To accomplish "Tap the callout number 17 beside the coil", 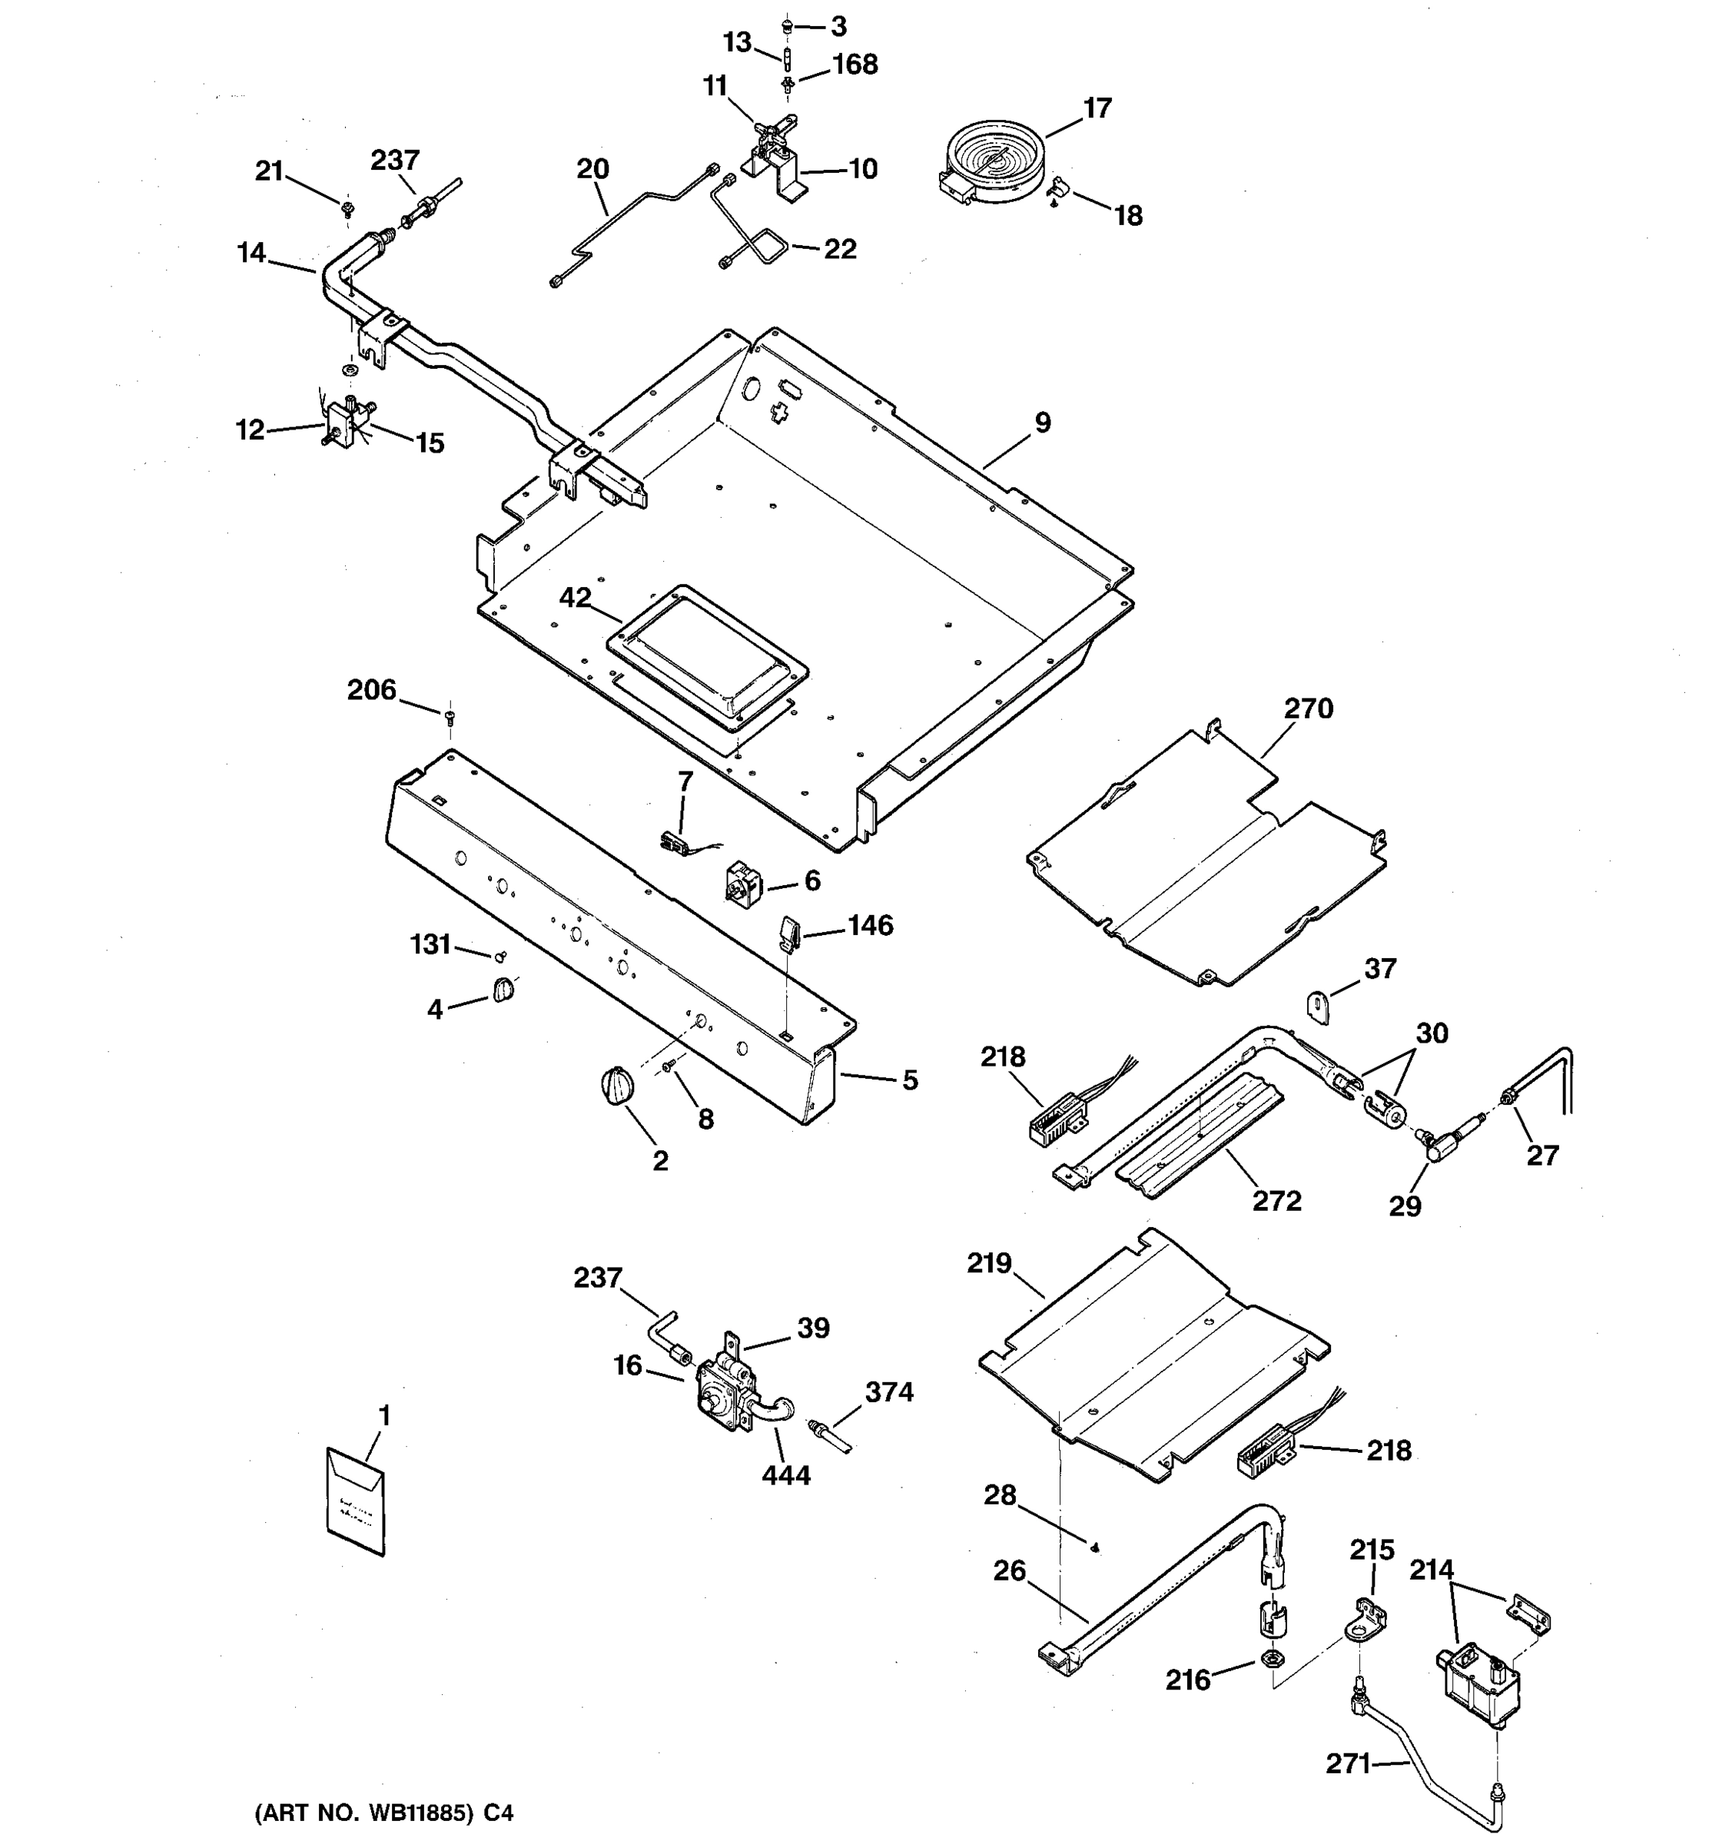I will pyautogui.click(x=1097, y=108).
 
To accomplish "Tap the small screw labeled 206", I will pyautogui.click(x=450, y=715).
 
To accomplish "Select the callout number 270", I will pyautogui.click(x=1308, y=708).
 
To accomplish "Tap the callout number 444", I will pyautogui.click(x=785, y=1474).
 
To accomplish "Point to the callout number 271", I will pyautogui.click(x=1348, y=1763).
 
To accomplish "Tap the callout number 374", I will pyautogui.click(x=888, y=1391).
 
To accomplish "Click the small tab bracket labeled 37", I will pyautogui.click(x=1319, y=1007).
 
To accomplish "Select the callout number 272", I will pyautogui.click(x=1276, y=1200).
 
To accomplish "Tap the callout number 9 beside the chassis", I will pyautogui.click(x=1043, y=423).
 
